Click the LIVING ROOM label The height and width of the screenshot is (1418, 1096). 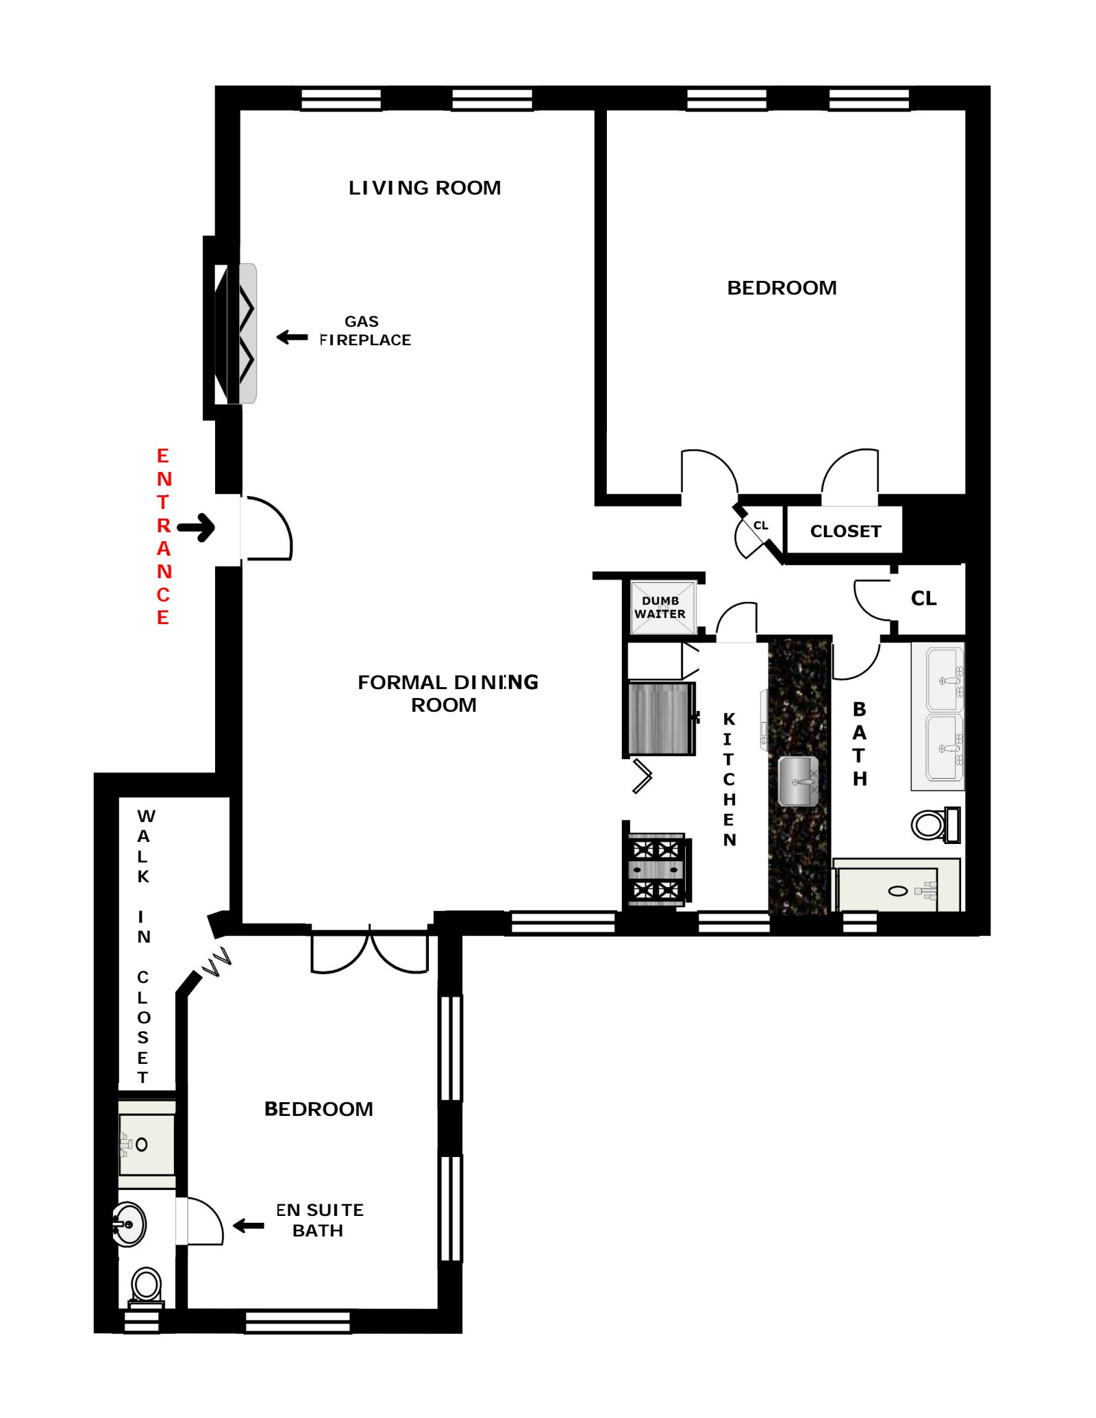coord(424,188)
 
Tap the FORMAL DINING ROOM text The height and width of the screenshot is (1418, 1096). coord(447,693)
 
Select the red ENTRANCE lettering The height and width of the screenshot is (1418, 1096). coord(163,536)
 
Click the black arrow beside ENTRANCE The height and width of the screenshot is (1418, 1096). coord(197,527)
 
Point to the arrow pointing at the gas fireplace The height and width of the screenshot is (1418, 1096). coord(292,337)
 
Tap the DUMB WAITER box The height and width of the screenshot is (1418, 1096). coord(661,607)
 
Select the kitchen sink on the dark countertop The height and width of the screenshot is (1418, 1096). coord(798,780)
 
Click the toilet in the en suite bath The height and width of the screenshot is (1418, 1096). coord(146,1286)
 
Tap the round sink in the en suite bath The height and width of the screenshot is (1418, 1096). coord(129,1223)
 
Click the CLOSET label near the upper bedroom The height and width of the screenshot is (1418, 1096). coord(845,531)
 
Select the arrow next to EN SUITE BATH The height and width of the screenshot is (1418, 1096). coord(249,1226)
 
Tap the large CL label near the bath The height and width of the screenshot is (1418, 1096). coord(923,598)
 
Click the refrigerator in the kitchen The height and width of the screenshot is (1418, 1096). coord(660,719)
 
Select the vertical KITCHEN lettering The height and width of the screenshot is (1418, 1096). coord(729,779)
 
